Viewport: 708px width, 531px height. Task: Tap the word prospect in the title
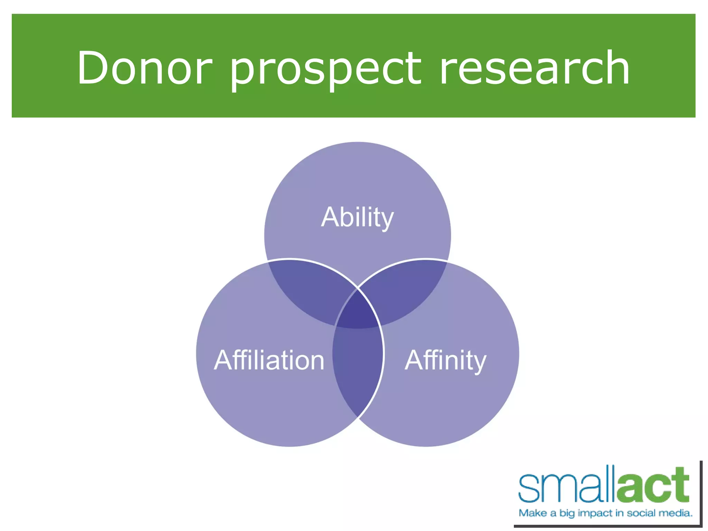coord(325,69)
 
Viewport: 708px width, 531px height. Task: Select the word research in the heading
coord(534,68)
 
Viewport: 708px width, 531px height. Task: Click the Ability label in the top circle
coord(357,218)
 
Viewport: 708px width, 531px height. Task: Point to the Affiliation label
coord(269,360)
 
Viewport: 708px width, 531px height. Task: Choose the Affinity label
coord(445,361)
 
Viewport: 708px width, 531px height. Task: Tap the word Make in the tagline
coord(533,513)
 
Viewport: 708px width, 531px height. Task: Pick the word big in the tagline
coord(567,513)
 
